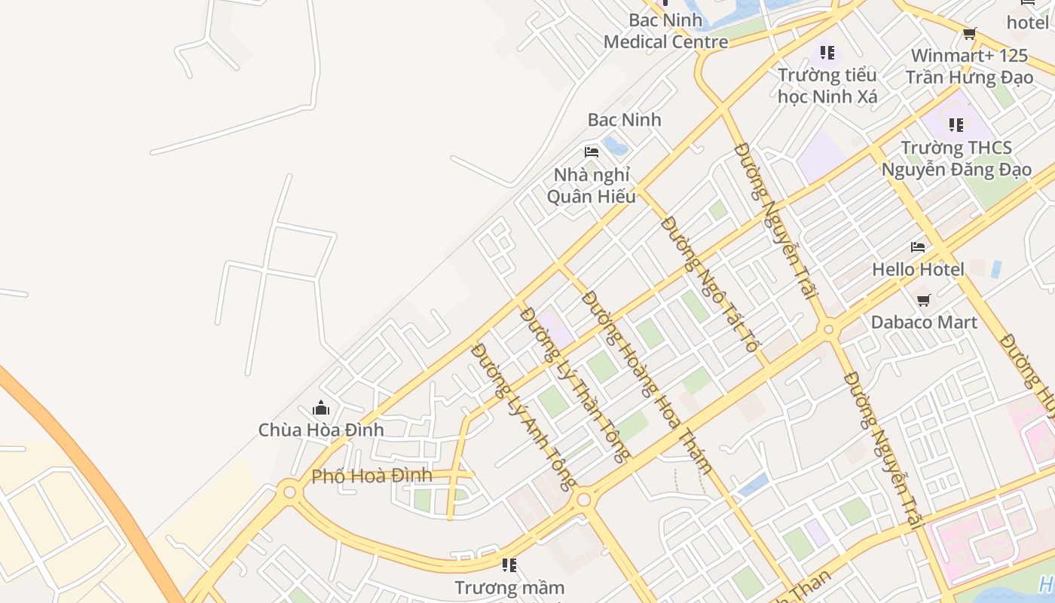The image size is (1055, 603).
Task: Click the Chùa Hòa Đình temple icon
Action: pyautogui.click(x=321, y=409)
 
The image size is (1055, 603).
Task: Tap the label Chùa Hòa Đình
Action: pyautogui.click(x=321, y=430)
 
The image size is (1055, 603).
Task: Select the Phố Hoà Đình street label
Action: pyautogui.click(x=372, y=476)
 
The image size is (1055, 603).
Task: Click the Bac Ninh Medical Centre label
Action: pyautogui.click(x=666, y=31)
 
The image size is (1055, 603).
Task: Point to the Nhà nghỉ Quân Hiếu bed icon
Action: pyautogui.click(x=592, y=152)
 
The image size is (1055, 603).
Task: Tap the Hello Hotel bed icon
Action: pyautogui.click(x=918, y=246)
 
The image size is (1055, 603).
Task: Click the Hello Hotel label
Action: pyautogui.click(x=918, y=269)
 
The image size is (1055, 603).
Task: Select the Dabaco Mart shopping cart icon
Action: pyautogui.click(x=924, y=300)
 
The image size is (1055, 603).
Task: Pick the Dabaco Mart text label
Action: pyautogui.click(x=924, y=323)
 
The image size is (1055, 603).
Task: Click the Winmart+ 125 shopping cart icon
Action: pyautogui.click(x=970, y=33)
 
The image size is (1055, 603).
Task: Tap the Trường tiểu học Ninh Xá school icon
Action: pyautogui.click(x=827, y=53)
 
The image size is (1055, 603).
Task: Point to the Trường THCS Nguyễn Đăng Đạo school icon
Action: pyautogui.click(x=956, y=124)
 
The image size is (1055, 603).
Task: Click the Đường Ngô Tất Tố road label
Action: pyautogui.click(x=710, y=284)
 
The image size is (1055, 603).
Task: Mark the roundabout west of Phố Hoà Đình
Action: pyautogui.click(x=289, y=492)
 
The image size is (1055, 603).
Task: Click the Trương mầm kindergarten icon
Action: pyautogui.click(x=509, y=565)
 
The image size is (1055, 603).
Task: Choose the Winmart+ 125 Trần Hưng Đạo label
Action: pyautogui.click(x=969, y=66)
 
